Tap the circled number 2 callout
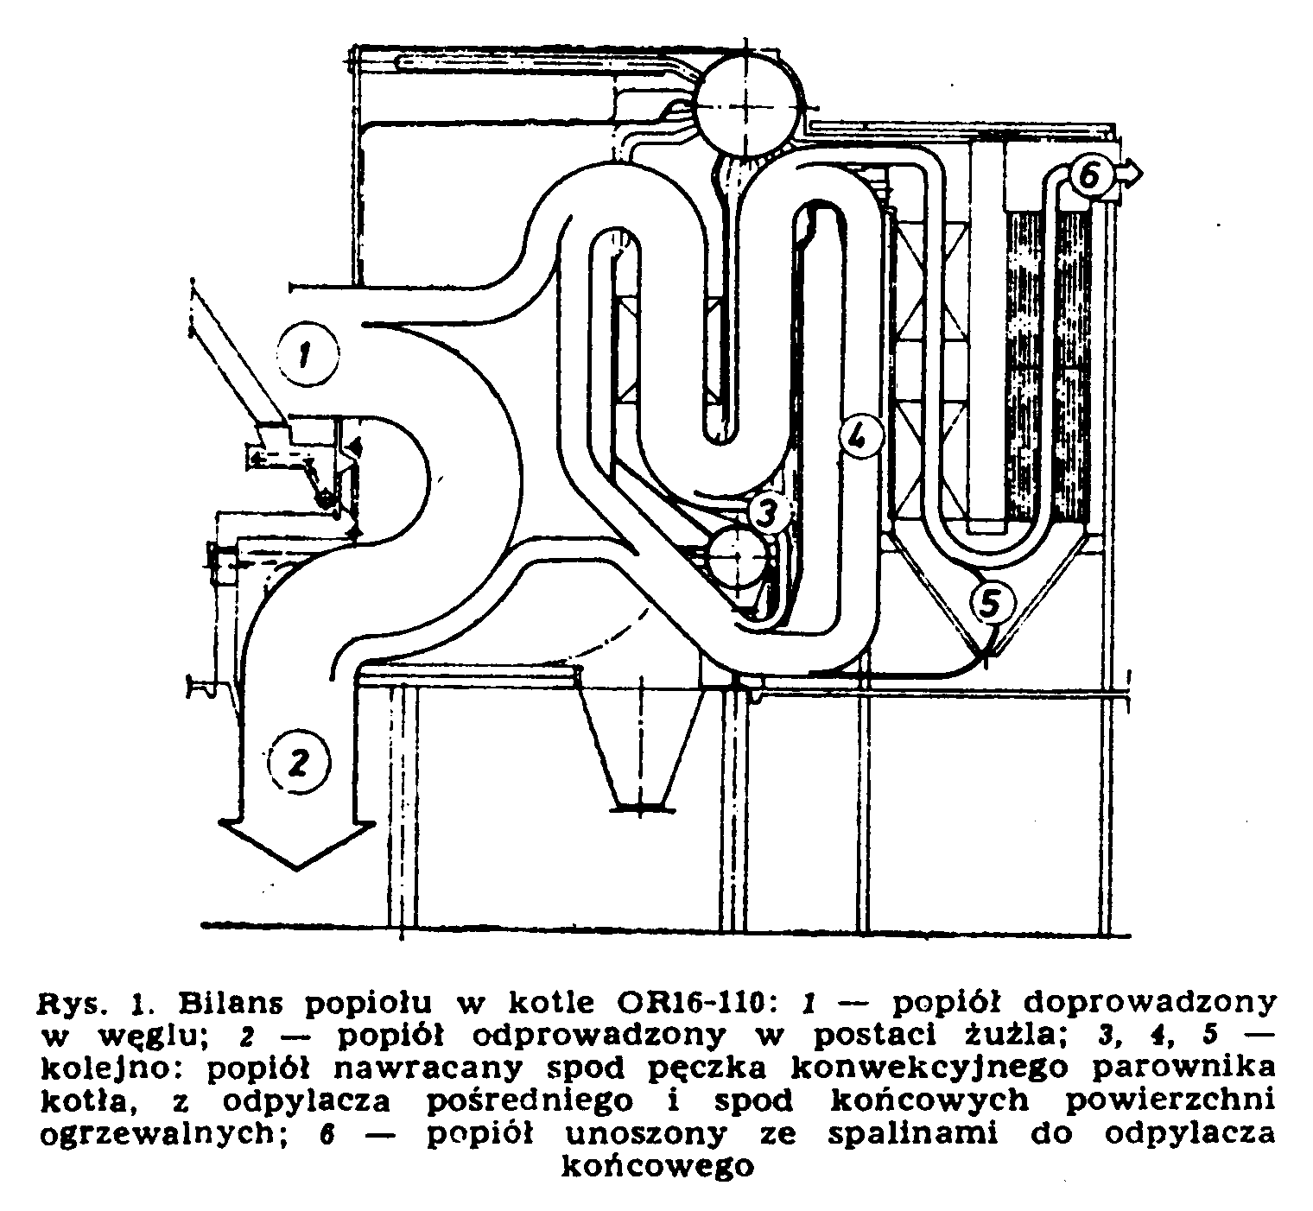coord(299,762)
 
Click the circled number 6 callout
coord(1089,176)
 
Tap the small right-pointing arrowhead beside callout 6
coord(1129,175)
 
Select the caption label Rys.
coord(73,1005)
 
